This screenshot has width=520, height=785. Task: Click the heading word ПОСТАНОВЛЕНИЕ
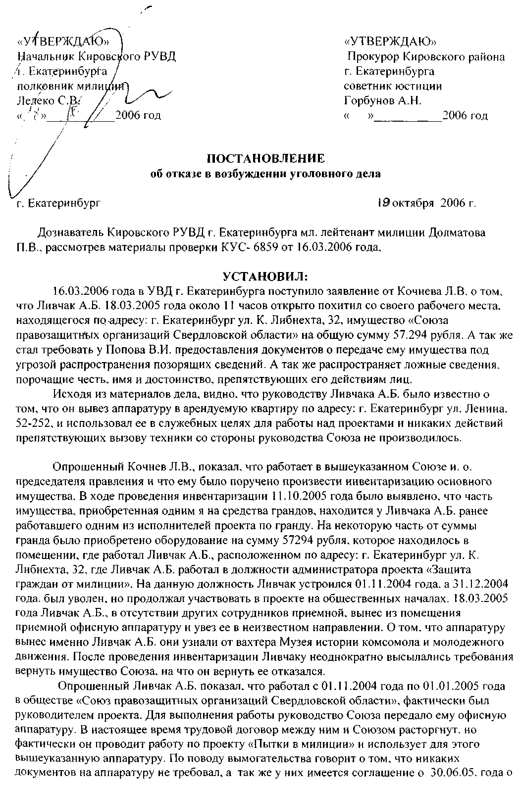[x=265, y=158]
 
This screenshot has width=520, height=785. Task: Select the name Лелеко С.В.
[x=47, y=101]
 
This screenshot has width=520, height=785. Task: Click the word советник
[x=366, y=86]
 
